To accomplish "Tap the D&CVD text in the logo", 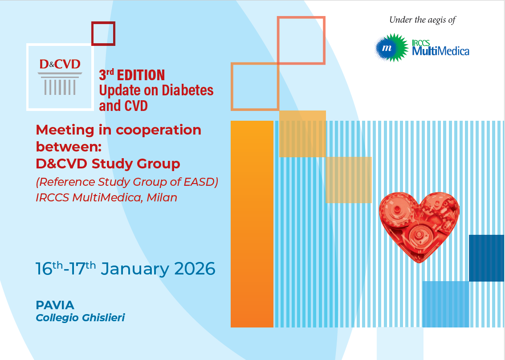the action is pyautogui.click(x=60, y=64).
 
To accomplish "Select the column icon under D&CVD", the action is pyautogui.click(x=60, y=83).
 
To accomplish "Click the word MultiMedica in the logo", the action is pyautogui.click(x=440, y=51).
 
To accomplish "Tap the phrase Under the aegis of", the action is pyautogui.click(x=422, y=20).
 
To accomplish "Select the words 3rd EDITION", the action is pyautogui.click(x=132, y=75).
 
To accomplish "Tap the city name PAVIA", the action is pyautogui.click(x=55, y=305).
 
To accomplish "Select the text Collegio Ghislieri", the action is pyautogui.click(x=80, y=318).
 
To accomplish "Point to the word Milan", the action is pyautogui.click(x=162, y=197).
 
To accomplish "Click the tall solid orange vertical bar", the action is pyautogui.click(x=252, y=224).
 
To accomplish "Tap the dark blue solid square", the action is pyautogui.click(x=487, y=258).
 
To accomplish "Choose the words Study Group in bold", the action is pyautogui.click(x=135, y=164).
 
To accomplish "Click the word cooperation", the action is pyautogui.click(x=159, y=130).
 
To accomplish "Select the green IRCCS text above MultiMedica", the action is pyautogui.click(x=421, y=43).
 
